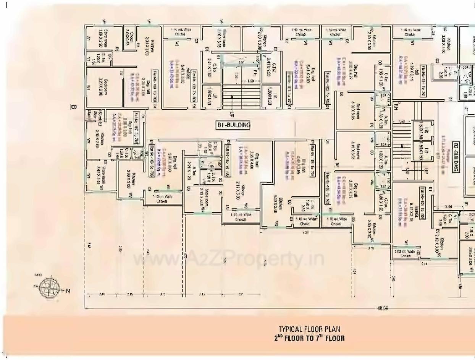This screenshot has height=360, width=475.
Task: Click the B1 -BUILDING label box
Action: pos(233,125)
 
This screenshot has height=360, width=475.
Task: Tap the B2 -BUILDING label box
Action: pos(456,157)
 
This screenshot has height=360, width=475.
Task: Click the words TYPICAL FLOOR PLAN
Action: pos(309,329)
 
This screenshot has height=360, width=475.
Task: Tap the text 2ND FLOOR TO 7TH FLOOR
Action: pos(309,338)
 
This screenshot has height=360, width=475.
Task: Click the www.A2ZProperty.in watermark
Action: pos(228,259)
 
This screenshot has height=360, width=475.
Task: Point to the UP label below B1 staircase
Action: pos(232,115)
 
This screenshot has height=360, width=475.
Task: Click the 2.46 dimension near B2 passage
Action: pos(449,207)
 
